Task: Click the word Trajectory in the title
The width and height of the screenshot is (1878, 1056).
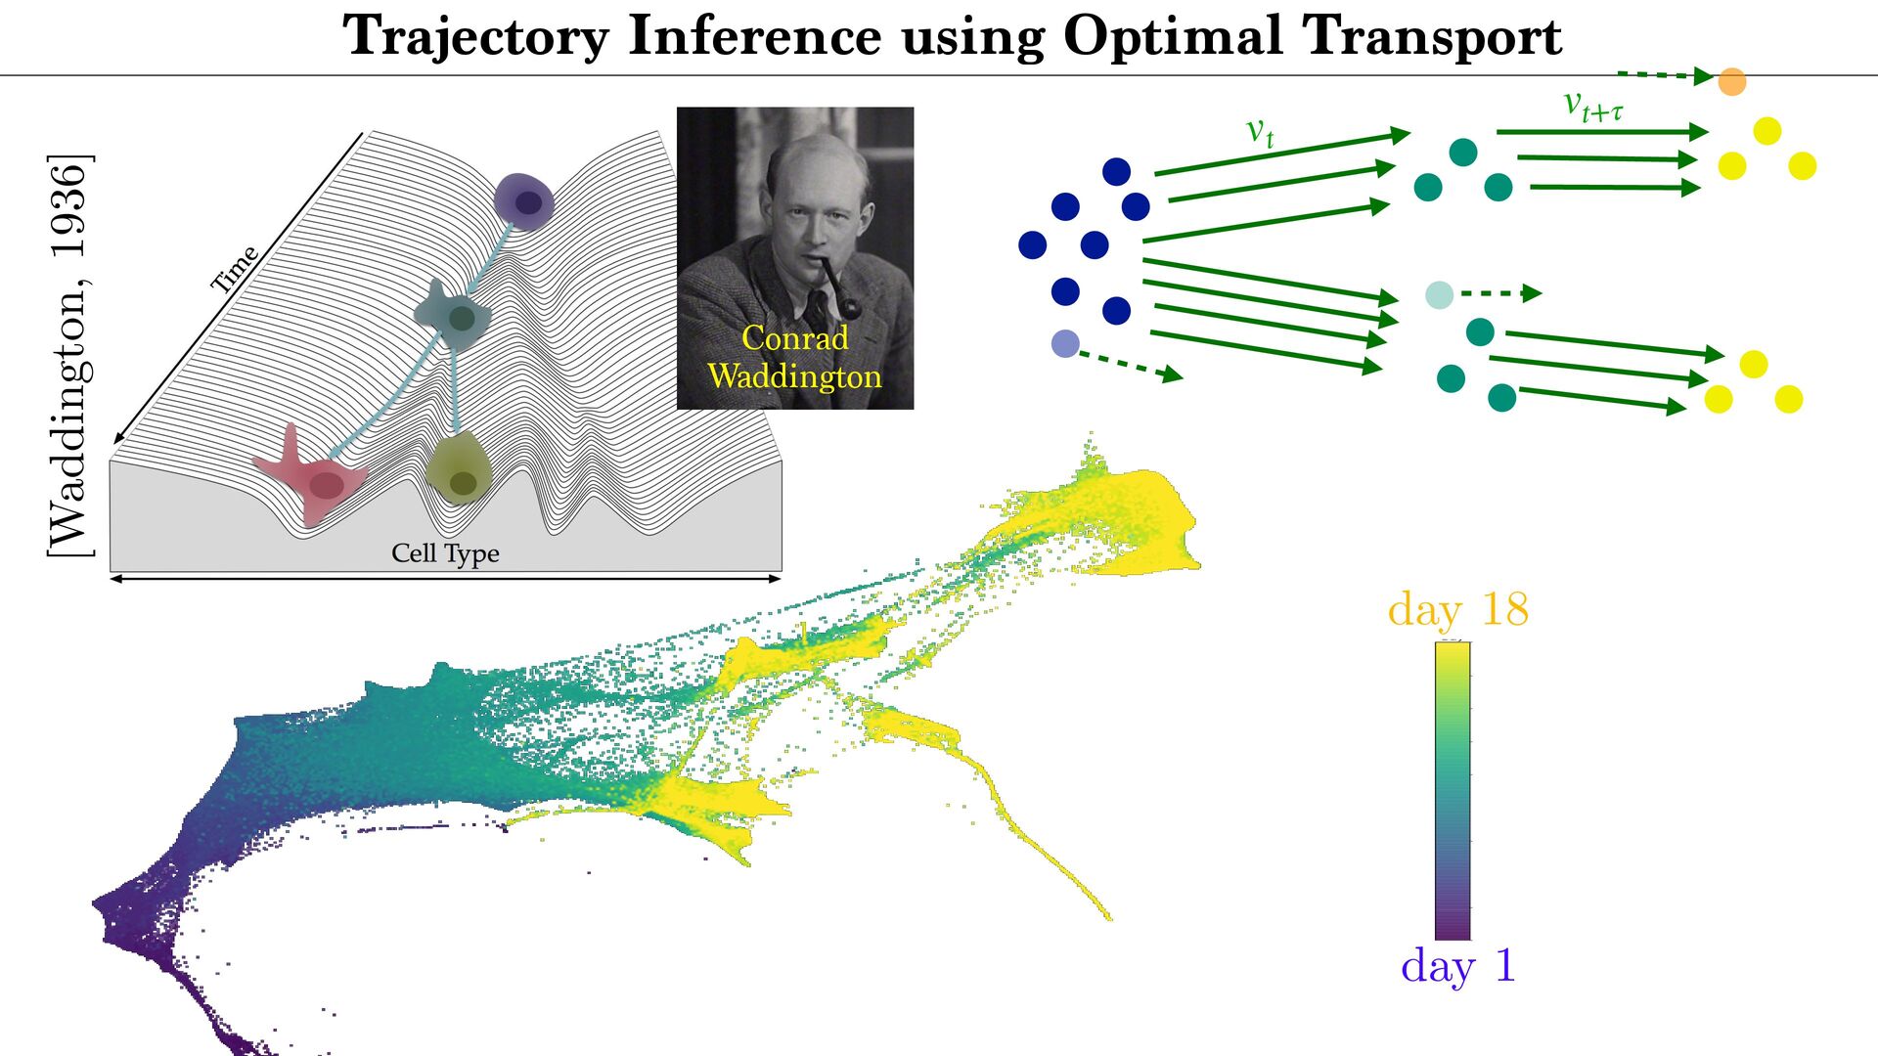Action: click(x=475, y=37)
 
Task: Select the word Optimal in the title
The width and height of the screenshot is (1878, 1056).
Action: click(x=1172, y=37)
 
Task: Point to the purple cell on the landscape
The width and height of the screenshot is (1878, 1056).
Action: click(x=524, y=200)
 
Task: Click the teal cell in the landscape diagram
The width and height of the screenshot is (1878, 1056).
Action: click(x=453, y=315)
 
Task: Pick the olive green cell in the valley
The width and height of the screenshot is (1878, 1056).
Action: click(x=459, y=469)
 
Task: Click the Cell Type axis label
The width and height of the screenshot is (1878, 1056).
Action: click(x=445, y=553)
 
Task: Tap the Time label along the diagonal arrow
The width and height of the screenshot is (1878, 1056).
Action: click(x=235, y=269)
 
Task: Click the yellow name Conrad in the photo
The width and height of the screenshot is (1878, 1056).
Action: click(x=794, y=338)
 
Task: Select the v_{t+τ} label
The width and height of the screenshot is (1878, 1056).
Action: click(x=1592, y=105)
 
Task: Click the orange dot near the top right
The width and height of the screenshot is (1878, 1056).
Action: click(x=1731, y=81)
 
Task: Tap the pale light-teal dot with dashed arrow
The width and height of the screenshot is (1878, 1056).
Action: click(x=1439, y=294)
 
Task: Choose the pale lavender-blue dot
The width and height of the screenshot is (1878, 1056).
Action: click(x=1064, y=343)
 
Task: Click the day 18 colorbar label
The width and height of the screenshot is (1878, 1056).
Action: click(x=1457, y=609)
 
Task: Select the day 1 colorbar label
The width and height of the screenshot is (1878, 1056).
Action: click(x=1457, y=966)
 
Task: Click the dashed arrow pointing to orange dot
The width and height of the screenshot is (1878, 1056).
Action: click(x=1664, y=74)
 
